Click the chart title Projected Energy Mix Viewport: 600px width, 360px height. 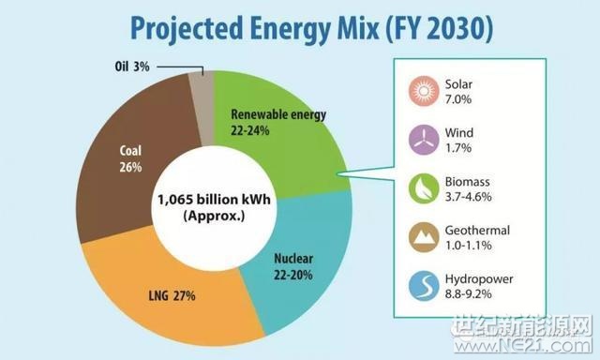click(x=300, y=29)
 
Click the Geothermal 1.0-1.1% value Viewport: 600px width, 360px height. click(x=472, y=244)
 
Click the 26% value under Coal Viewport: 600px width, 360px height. click(x=130, y=168)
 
